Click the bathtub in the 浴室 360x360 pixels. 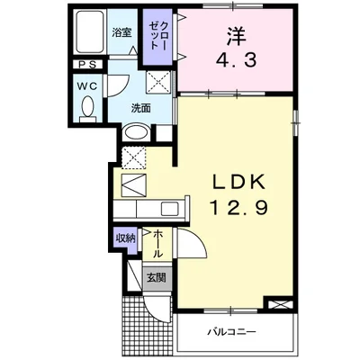[x=91, y=32]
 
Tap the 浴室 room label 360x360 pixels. [x=121, y=32]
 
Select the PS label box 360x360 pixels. [x=88, y=65]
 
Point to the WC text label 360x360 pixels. [x=87, y=86]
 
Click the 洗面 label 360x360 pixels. [x=140, y=108]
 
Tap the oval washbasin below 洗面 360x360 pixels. [x=137, y=132]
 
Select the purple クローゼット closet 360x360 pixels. [x=157, y=37]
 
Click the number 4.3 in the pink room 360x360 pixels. [x=236, y=60]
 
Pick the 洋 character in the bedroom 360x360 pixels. [x=236, y=36]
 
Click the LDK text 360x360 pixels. [x=239, y=181]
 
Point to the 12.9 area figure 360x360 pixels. [x=238, y=207]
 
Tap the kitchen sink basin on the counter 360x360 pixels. [x=170, y=208]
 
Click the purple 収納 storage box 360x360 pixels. [x=126, y=238]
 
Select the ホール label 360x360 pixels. [x=157, y=244]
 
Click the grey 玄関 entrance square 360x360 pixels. [x=156, y=278]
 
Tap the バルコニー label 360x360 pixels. [x=232, y=332]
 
